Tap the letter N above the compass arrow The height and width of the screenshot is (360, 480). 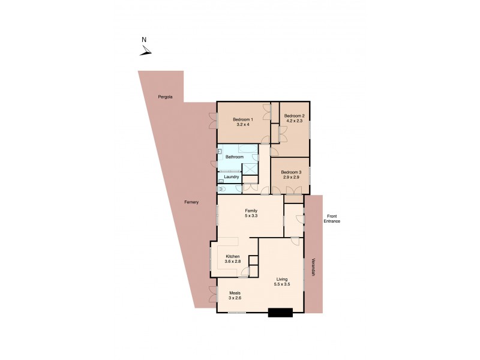pos(144,40)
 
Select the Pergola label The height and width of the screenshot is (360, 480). pos(166,97)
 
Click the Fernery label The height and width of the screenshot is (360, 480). pos(191,202)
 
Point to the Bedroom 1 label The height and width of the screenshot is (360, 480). pos(243,119)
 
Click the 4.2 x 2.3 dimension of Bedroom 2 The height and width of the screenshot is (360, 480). pos(295,121)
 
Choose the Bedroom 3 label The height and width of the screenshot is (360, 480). pos(291,172)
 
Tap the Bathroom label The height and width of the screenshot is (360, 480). pos(235,157)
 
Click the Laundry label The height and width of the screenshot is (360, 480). pos(232,177)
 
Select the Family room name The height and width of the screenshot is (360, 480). pos(251,210)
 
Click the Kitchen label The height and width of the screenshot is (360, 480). pos(232,256)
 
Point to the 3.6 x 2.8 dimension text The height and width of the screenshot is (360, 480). pos(232,262)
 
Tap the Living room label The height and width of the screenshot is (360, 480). pos(283,279)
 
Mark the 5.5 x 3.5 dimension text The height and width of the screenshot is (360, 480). pos(283,284)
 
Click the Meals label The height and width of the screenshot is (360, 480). pos(234,293)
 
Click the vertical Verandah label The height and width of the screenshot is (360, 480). pos(313,268)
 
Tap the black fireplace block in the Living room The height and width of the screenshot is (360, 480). pos(280,311)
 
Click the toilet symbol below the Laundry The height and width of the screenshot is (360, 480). pos(222,189)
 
